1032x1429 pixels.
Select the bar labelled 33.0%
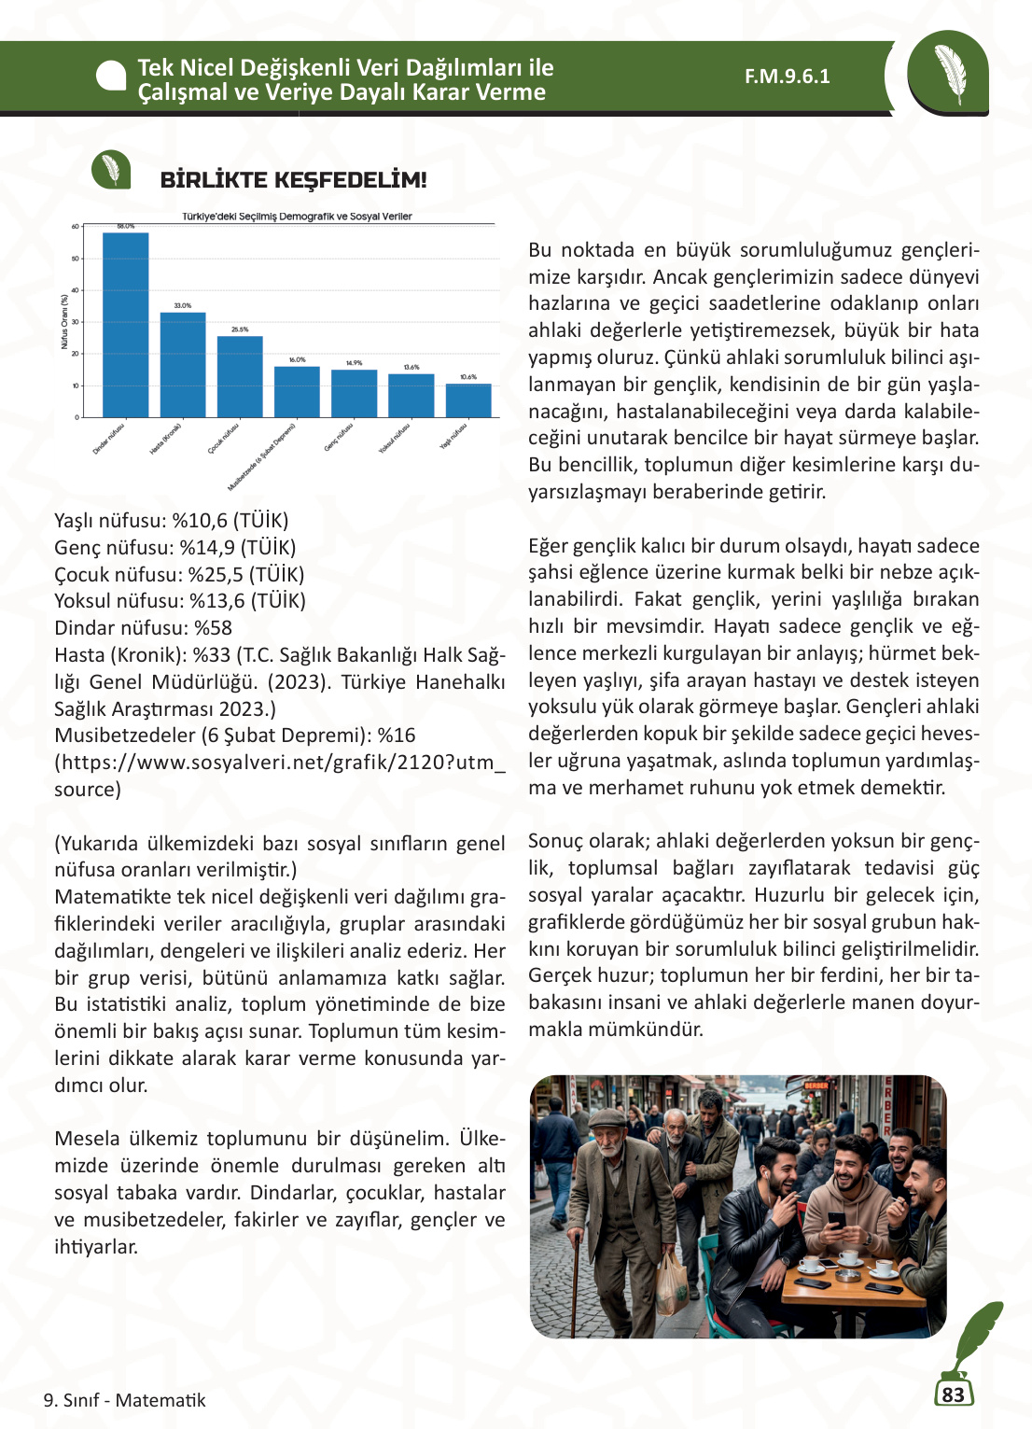(183, 365)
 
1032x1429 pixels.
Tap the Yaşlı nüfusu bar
(468, 400)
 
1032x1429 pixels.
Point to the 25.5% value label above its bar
(240, 329)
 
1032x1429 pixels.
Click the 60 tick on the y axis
(76, 227)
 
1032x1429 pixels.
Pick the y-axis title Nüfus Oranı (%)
(64, 322)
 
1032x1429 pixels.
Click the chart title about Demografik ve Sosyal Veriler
(297, 217)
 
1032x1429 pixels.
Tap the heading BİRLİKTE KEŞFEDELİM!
(293, 180)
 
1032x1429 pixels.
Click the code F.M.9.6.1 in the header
(787, 77)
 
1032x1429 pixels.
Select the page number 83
(953, 1394)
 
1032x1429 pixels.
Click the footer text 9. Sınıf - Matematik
(125, 1400)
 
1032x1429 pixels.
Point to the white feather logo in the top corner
(950, 74)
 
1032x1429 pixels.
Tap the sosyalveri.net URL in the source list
(280, 763)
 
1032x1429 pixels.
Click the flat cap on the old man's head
(607, 1116)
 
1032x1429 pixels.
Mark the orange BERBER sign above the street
(816, 1086)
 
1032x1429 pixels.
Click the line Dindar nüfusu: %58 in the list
(144, 628)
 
